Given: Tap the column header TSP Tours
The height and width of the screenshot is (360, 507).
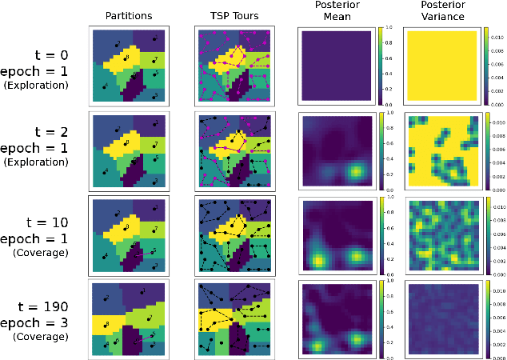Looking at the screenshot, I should pyautogui.click(x=234, y=14).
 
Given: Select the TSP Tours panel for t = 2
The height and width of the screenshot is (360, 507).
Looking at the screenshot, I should pyautogui.click(x=235, y=150).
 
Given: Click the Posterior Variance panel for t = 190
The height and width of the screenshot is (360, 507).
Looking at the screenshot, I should pyautogui.click(x=442, y=318).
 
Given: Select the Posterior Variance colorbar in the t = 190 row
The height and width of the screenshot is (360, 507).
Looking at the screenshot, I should pyautogui.click(x=486, y=318).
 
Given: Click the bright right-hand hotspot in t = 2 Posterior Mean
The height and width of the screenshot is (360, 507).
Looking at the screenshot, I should pyautogui.click(x=356, y=174).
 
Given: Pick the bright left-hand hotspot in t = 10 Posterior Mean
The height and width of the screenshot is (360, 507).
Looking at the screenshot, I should pyautogui.click(x=318, y=260).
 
